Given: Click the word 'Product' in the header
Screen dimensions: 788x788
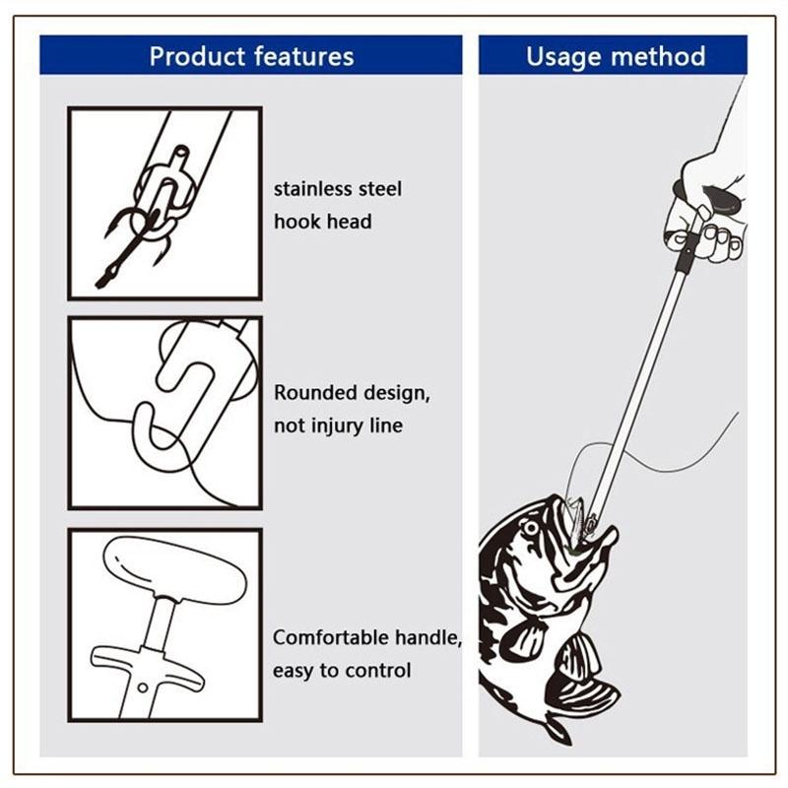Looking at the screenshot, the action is click(197, 57).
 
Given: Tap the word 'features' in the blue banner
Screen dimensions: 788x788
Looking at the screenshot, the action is click(304, 56).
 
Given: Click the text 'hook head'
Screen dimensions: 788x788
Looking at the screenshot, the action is click(323, 222).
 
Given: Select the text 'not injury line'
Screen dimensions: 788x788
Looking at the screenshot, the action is click(338, 426).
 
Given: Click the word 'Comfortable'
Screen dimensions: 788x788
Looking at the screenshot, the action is click(330, 637).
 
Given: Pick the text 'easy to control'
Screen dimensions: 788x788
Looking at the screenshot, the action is click(342, 671).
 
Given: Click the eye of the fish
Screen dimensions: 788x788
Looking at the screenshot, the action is click(530, 529).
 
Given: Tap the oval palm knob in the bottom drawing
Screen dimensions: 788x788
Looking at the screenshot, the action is click(174, 569).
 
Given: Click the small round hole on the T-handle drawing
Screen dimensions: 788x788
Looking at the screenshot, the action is click(143, 688).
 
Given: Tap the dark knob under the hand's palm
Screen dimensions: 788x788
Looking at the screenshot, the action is click(722, 200).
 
